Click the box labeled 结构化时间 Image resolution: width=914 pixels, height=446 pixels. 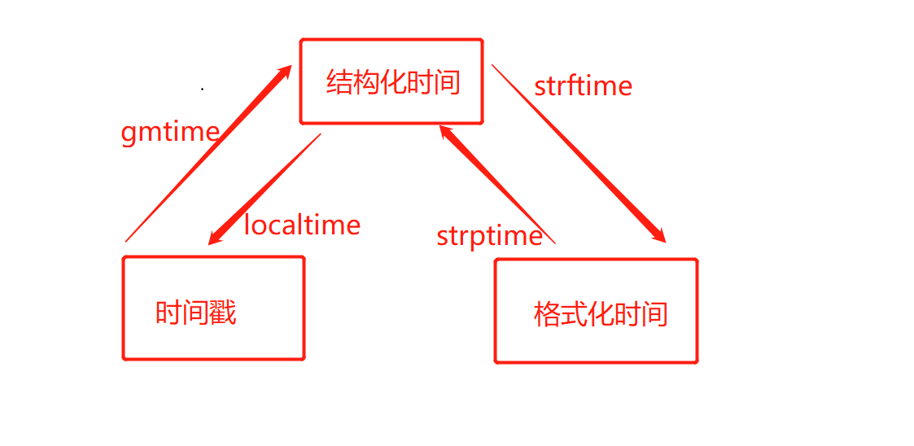pos(391,81)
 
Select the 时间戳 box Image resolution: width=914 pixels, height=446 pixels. pos(213,308)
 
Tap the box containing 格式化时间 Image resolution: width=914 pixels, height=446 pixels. pos(597,312)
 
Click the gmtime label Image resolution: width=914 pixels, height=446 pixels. pos(170,132)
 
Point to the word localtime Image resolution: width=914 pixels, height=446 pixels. pos(302,224)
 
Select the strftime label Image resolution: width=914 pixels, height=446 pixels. pos(583,85)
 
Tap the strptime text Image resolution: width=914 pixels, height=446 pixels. pos(489,236)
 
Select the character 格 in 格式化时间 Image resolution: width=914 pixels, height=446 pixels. pos(547,314)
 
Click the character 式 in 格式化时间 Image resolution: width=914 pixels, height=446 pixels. pos(574,314)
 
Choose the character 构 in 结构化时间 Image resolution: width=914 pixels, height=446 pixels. pos(366,82)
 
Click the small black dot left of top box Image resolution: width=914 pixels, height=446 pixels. pos(202,88)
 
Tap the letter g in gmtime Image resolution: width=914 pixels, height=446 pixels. pos(129,133)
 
